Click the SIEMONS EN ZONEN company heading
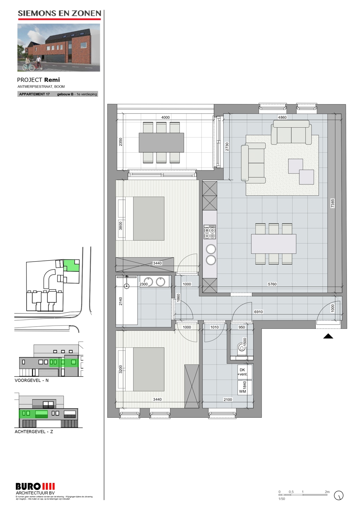(59, 13)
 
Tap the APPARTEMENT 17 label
(34, 94)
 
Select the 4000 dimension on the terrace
(165, 117)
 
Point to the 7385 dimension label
(332, 203)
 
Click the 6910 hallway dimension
(258, 312)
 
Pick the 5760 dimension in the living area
(272, 284)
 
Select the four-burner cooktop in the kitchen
(210, 232)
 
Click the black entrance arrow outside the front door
(328, 336)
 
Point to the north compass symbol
(338, 496)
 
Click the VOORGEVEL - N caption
(31, 380)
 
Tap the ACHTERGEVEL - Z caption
(34, 432)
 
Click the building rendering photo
(59, 47)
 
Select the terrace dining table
(161, 142)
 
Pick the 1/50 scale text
(281, 499)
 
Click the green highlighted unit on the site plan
(71, 265)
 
